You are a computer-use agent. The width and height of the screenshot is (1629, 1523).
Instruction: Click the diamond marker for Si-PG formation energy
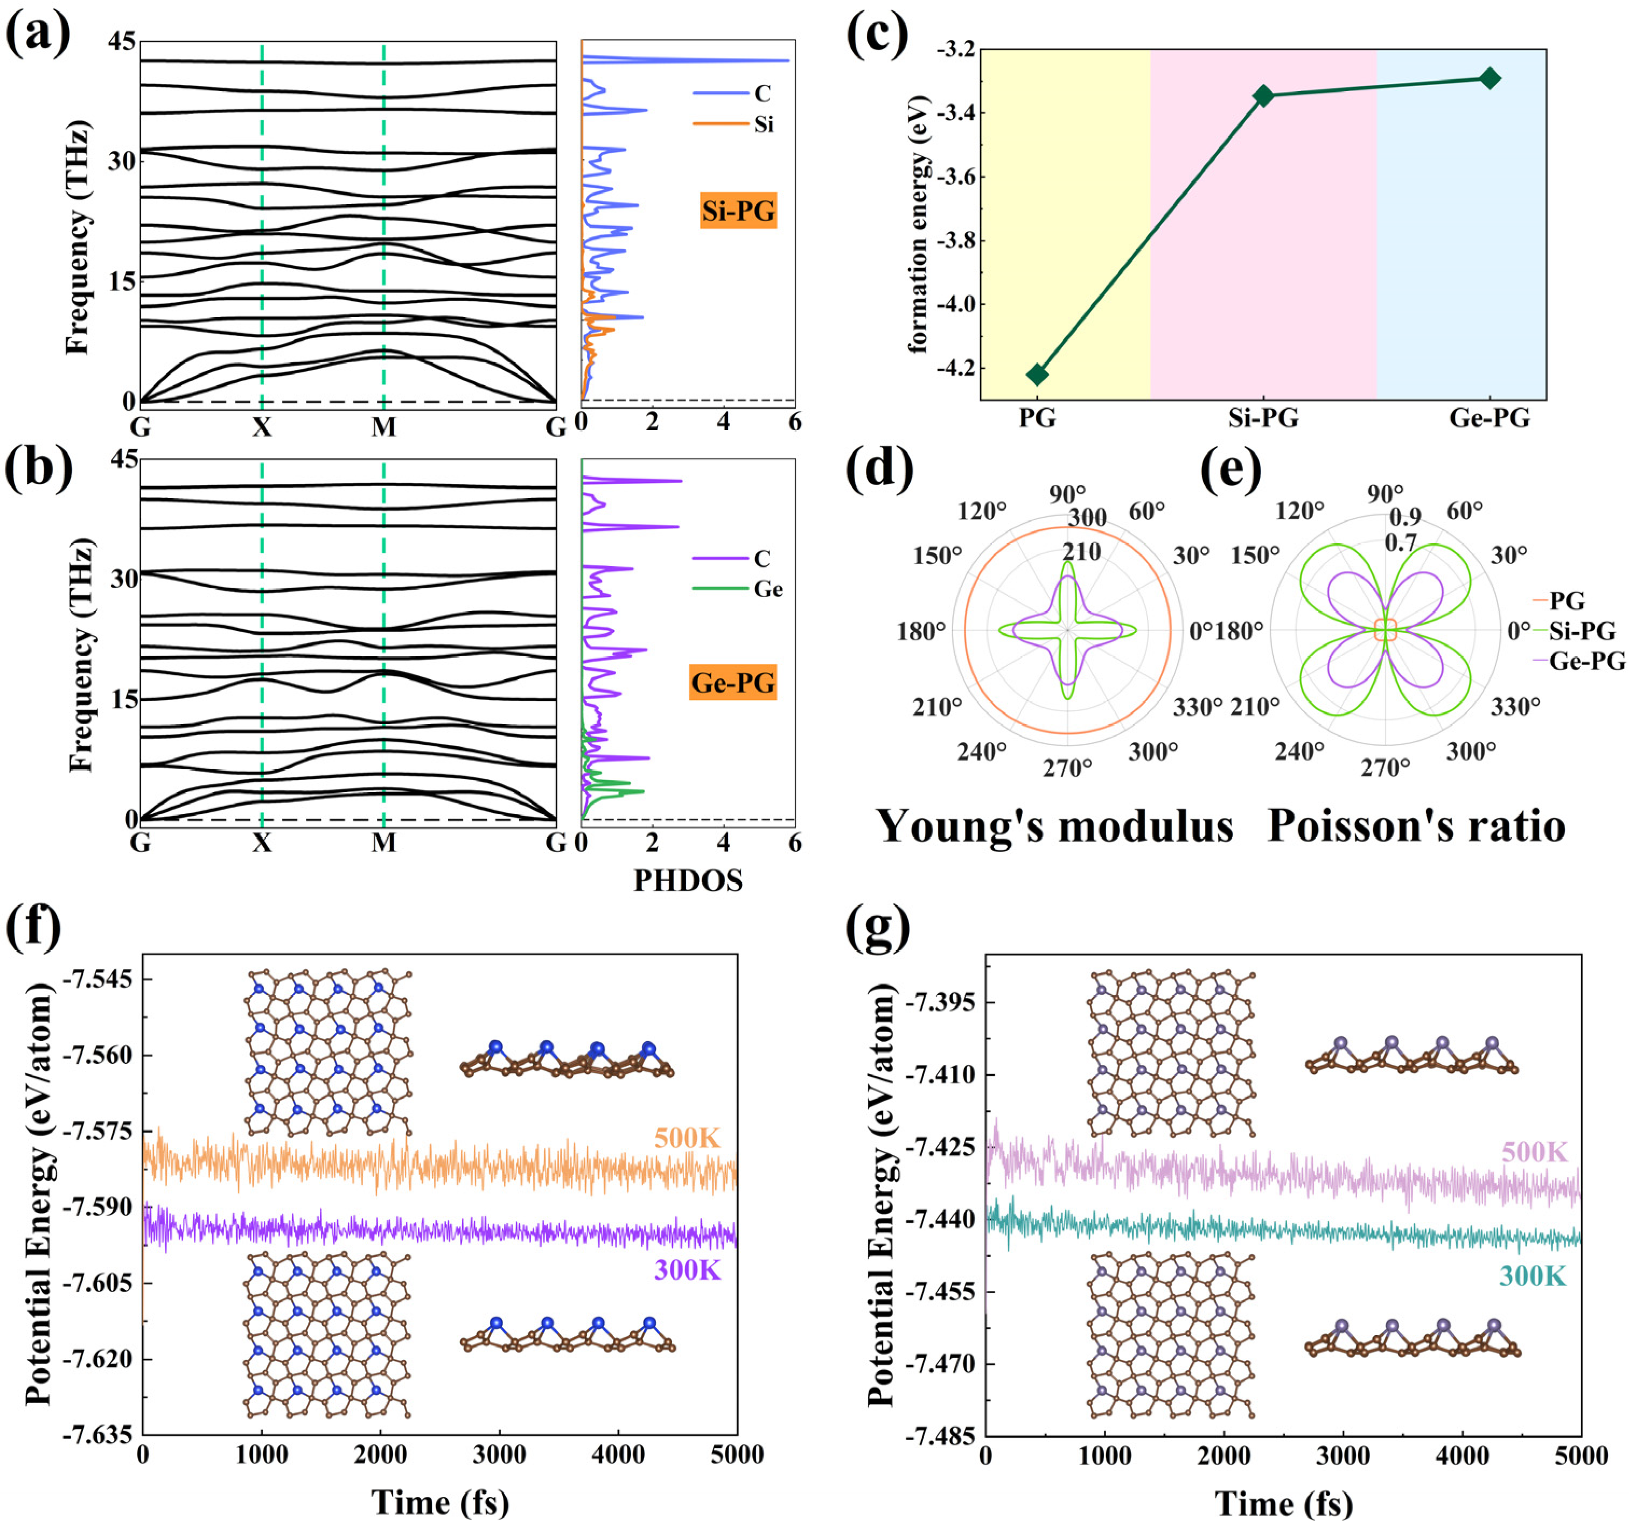pyautogui.click(x=1263, y=96)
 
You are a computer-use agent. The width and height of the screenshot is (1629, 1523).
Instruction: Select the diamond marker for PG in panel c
pyautogui.click(x=1037, y=374)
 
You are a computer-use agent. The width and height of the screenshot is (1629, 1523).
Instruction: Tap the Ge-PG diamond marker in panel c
pyautogui.click(x=1490, y=79)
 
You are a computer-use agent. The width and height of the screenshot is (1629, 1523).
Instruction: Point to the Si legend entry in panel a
pyautogui.click(x=763, y=124)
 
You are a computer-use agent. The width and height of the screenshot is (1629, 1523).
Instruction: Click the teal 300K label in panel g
pyautogui.click(x=1532, y=1275)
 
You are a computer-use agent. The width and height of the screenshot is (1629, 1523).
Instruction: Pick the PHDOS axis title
pyautogui.click(x=688, y=881)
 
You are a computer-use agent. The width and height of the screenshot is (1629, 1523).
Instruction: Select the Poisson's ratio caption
pyautogui.click(x=1416, y=826)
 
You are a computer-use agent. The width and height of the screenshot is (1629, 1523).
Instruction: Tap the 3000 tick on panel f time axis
pyautogui.click(x=499, y=1455)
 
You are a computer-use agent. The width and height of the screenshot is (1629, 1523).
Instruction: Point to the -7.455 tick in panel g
pyautogui.click(x=940, y=1292)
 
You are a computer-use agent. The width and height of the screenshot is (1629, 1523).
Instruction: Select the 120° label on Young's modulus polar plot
pyautogui.click(x=981, y=511)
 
